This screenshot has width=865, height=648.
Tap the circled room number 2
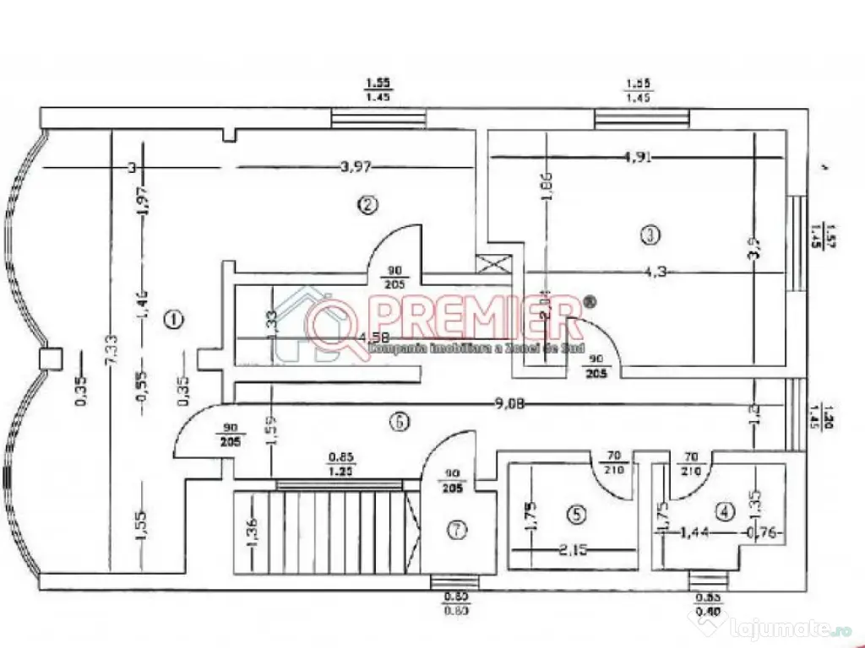point(366,204)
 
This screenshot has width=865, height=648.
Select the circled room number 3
point(649,236)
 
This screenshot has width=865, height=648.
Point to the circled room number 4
point(724,510)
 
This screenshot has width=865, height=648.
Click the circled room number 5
point(575,512)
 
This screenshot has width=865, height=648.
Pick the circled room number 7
point(456,530)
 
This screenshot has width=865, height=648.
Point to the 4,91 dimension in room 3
point(639,156)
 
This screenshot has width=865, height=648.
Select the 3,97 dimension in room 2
point(356,167)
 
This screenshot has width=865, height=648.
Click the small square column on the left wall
point(52,358)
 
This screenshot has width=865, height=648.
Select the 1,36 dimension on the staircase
point(252,532)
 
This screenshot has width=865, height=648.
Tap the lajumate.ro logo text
point(773,628)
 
